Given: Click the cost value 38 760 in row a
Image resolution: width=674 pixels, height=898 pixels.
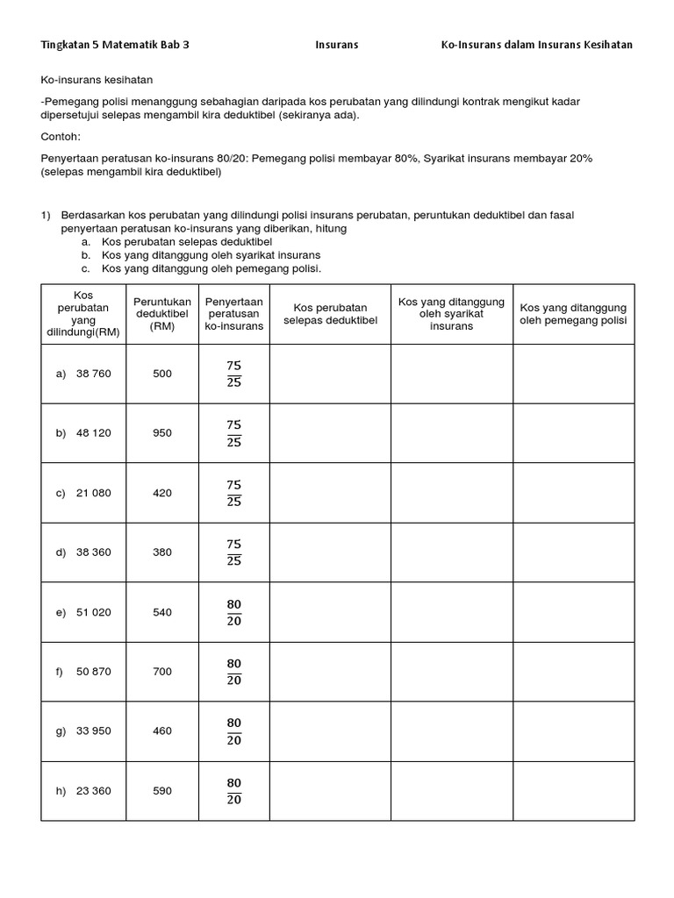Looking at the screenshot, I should [x=94, y=374].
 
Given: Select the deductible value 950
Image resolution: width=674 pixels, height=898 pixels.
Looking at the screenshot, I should [x=162, y=433].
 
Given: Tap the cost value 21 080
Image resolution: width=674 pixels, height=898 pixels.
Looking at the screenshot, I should [x=94, y=493].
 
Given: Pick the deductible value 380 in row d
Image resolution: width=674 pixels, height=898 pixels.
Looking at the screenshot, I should [x=162, y=552].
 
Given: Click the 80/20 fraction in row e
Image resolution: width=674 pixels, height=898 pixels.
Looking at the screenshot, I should [x=233, y=612].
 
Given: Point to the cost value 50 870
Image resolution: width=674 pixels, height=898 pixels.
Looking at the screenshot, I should [x=94, y=672].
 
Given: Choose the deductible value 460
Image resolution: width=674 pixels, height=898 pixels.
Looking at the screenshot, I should [x=162, y=731].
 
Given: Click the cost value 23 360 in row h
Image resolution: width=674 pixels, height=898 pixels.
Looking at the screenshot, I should [x=94, y=791].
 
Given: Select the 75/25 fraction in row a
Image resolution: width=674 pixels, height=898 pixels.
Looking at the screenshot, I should [x=233, y=374].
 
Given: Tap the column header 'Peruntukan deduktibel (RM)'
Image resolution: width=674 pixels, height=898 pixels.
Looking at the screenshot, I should [x=162, y=314].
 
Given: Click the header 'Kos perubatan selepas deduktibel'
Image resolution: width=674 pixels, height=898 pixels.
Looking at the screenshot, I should [x=330, y=314].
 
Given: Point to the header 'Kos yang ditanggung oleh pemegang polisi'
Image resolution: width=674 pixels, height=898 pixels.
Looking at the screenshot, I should [x=573, y=314].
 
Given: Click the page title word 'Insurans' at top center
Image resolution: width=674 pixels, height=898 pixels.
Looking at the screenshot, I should [x=337, y=45].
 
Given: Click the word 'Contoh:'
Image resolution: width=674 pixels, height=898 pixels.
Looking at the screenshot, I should [x=60, y=137].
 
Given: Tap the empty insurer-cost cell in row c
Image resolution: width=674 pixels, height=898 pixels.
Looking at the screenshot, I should [x=452, y=493].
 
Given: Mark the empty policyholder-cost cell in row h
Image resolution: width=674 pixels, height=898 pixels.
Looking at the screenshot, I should [x=573, y=791].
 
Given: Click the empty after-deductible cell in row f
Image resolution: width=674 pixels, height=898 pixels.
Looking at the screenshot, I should [x=330, y=672].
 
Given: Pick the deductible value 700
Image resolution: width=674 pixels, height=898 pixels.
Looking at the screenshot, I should [x=162, y=672].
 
